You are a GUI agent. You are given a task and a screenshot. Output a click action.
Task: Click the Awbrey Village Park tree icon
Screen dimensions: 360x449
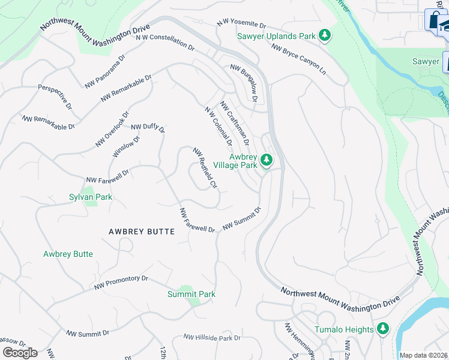267,160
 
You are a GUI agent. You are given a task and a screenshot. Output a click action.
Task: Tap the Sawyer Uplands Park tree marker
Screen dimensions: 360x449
325,36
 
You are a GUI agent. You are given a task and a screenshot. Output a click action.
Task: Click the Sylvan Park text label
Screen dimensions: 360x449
90,197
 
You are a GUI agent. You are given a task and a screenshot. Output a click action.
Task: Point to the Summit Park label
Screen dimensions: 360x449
191,294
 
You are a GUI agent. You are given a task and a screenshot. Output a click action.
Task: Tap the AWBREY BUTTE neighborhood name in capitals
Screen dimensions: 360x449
142,232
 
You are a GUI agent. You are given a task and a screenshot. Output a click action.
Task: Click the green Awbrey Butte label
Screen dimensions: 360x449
68,254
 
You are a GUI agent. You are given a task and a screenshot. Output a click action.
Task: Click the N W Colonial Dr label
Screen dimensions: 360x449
218,127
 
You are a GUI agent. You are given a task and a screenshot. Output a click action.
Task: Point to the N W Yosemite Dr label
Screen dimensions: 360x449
241,25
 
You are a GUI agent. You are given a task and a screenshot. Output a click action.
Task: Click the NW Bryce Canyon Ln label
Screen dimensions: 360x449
295,60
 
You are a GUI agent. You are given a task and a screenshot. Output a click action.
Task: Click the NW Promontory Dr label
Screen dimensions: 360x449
121,283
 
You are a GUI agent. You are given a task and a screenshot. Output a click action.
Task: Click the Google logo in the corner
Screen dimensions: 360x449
20,353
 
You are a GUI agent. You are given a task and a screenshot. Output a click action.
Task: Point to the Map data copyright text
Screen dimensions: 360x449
423,355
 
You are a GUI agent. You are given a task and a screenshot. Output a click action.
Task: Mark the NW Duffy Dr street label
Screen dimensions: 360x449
148,127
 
